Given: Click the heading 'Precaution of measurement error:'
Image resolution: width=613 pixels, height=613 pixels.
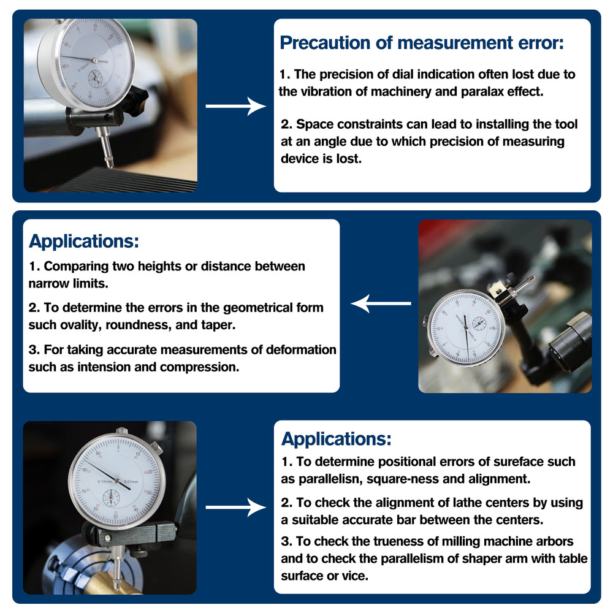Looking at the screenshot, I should [422, 44].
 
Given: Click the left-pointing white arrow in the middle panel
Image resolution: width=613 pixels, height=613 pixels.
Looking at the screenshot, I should [380, 303].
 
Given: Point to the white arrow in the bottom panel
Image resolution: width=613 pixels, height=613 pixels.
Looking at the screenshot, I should [235, 507].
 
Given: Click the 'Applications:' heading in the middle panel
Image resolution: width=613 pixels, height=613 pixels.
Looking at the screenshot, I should [84, 241].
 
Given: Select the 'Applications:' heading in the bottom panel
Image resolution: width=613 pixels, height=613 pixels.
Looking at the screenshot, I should [336, 439].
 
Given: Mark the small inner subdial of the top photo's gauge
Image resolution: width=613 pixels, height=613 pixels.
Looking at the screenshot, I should [96, 78].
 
